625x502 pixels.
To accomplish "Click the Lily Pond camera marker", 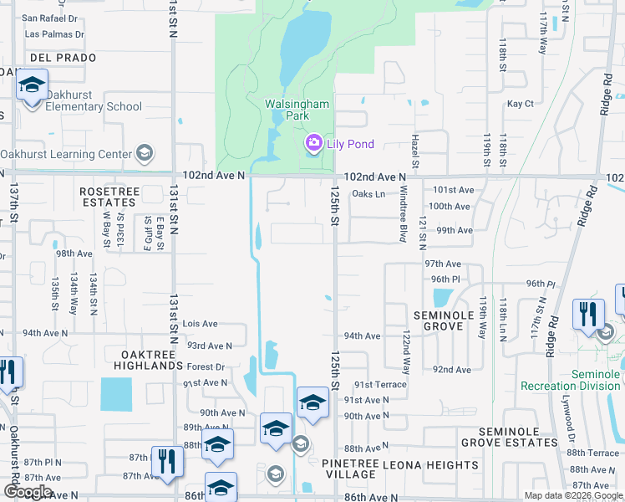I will tap(313, 144).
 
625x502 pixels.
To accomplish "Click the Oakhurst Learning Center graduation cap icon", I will tap(145, 154).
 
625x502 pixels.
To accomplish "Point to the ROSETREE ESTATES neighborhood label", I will tap(108, 197).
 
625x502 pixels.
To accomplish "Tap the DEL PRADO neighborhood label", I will tap(63, 58).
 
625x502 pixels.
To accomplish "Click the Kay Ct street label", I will tap(520, 104).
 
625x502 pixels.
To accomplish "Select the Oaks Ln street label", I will tap(368, 194).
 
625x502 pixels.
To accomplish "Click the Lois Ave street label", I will tap(200, 324).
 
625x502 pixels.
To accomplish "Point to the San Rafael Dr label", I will tap(51, 18).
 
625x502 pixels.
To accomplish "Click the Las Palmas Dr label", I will tap(54, 35).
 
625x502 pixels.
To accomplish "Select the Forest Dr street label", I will tap(206, 366).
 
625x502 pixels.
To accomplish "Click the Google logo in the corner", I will tap(27, 492).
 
